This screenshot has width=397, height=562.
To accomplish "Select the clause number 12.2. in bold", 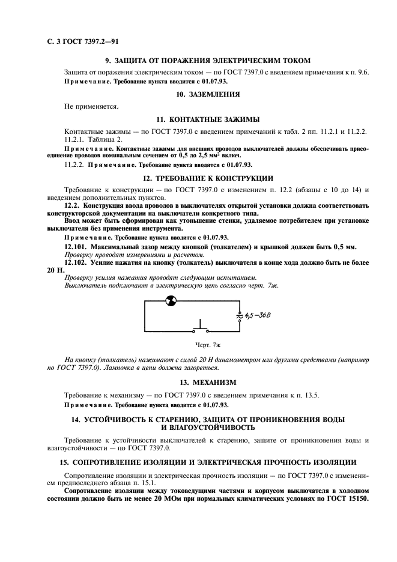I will point(74,205).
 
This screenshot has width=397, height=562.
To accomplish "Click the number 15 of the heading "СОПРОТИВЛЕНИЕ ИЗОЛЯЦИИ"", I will point(62,462).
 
